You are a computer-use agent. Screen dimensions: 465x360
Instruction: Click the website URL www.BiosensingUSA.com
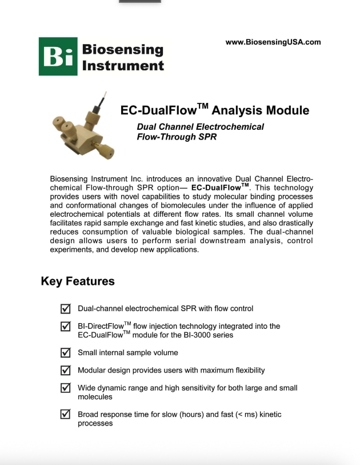pos(273,42)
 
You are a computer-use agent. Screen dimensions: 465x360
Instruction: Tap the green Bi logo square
pos(58,56)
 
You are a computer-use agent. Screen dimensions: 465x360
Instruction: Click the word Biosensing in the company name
pos(122,49)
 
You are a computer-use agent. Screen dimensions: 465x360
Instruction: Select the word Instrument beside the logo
pos(123,65)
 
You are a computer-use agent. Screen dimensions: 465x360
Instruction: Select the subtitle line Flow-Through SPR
pos(177,137)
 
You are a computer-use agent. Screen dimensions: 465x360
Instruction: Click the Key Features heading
pos(78,281)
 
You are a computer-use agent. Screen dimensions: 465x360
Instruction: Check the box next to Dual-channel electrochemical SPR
pos(66,309)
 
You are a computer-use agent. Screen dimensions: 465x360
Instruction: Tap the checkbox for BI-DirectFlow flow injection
pos(66,327)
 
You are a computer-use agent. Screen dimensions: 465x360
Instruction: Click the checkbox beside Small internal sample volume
pos(66,353)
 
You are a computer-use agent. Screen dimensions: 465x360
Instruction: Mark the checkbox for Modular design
pos(66,371)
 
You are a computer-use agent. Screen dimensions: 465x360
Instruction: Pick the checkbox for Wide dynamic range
pos(66,388)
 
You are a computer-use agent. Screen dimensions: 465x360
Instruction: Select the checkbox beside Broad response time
pos(66,415)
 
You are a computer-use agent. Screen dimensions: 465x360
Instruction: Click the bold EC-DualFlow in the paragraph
pos(219,188)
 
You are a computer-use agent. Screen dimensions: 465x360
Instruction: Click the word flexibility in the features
pos(247,371)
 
